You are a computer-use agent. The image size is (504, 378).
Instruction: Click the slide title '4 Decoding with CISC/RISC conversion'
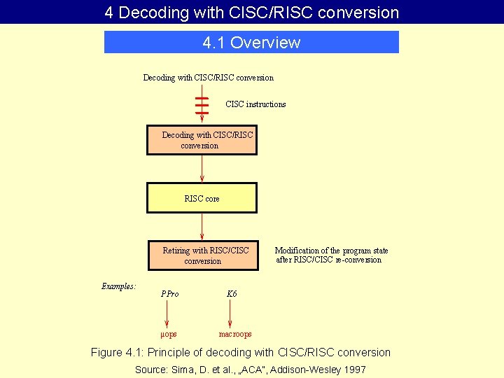pos(252,12)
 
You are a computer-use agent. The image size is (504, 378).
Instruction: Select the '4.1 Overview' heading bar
pos(251,43)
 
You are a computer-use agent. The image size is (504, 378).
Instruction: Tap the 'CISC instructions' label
pos(255,104)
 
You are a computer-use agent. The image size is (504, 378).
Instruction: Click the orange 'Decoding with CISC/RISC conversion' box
pos(202,140)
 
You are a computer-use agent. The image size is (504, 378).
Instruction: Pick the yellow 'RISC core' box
pos(202,198)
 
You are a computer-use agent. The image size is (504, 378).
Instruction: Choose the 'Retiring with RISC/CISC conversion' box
pos(202,255)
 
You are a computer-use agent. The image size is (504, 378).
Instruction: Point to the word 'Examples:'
pos(118,286)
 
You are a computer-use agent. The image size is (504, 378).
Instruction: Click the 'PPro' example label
pos(169,294)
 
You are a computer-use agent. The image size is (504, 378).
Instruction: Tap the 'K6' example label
pos(232,294)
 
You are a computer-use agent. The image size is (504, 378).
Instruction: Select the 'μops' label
pos(169,335)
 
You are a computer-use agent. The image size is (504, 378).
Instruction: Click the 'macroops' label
pos(235,335)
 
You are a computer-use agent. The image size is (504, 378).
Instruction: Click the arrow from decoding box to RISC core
pos(202,168)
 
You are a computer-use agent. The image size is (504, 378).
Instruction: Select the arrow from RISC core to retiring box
pos(202,226)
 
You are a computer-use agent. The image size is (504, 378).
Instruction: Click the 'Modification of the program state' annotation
pos(331,255)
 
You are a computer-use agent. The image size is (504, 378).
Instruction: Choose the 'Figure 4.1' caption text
pos(241,352)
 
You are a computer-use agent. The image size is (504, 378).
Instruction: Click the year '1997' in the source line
pos(354,370)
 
